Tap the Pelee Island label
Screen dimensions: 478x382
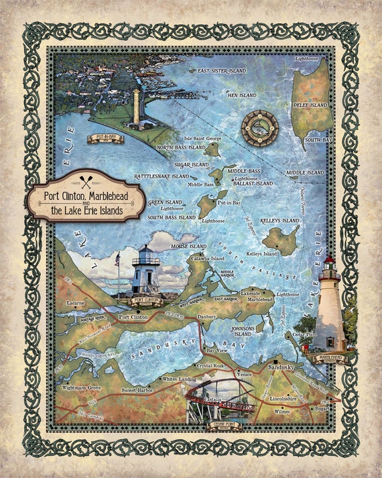[x=310, y=105]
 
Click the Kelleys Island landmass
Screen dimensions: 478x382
[x=280, y=239]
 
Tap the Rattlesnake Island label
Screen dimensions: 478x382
[x=162, y=176]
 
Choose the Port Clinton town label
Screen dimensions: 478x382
[x=133, y=316]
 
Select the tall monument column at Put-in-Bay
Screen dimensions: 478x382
[x=137, y=107]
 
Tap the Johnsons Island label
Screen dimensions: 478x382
[x=243, y=330]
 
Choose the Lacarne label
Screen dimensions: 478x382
[x=76, y=303]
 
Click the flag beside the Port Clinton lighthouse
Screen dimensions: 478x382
[x=118, y=257]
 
